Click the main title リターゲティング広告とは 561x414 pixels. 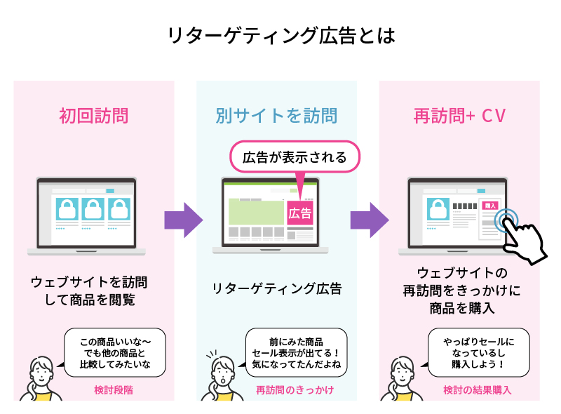[x=281, y=36]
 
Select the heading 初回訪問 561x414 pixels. [x=93, y=116]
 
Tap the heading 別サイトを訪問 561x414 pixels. [x=276, y=116]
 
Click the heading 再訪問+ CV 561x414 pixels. [x=460, y=116]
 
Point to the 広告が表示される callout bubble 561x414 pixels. [x=295, y=157]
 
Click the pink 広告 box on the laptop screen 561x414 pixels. [x=300, y=213]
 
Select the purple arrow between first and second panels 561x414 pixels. [x=183, y=220]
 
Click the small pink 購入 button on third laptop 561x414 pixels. [x=489, y=205]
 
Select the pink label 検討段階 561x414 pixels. [x=113, y=389]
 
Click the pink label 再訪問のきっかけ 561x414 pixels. [x=294, y=389]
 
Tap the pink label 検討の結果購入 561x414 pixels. [x=477, y=389]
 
